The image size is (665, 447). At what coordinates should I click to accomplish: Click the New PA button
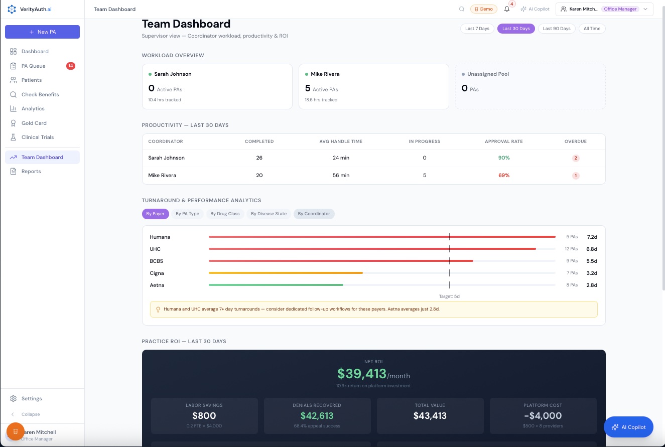tap(42, 32)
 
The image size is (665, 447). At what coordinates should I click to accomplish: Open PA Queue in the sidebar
tap(33, 66)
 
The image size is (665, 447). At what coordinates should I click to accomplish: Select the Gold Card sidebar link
tap(34, 123)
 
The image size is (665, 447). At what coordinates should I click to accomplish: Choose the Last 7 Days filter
tap(477, 29)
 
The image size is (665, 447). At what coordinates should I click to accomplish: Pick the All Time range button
tap(592, 29)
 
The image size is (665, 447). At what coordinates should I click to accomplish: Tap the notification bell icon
tap(507, 9)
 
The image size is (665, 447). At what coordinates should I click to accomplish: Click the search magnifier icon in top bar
tap(462, 9)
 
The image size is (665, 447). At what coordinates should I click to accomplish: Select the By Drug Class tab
tap(225, 214)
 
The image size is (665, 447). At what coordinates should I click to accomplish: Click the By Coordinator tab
tap(314, 214)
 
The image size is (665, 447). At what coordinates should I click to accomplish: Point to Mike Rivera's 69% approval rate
tap(503, 176)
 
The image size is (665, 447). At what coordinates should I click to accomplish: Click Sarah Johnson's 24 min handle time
tap(341, 158)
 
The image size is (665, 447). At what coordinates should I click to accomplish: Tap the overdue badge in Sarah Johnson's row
tap(576, 158)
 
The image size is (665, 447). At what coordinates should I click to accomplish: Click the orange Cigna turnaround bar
tap(286, 273)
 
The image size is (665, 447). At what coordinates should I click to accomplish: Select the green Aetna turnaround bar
tap(276, 285)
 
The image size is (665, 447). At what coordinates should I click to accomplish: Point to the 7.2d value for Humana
tap(592, 237)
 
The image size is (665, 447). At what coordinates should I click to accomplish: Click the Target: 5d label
tap(449, 296)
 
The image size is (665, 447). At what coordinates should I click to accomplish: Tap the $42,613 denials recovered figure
tap(317, 415)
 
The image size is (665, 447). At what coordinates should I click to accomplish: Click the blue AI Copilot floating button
tap(628, 427)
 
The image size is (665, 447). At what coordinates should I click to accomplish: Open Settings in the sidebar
tap(31, 398)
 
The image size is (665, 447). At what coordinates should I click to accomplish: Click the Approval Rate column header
tap(503, 141)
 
